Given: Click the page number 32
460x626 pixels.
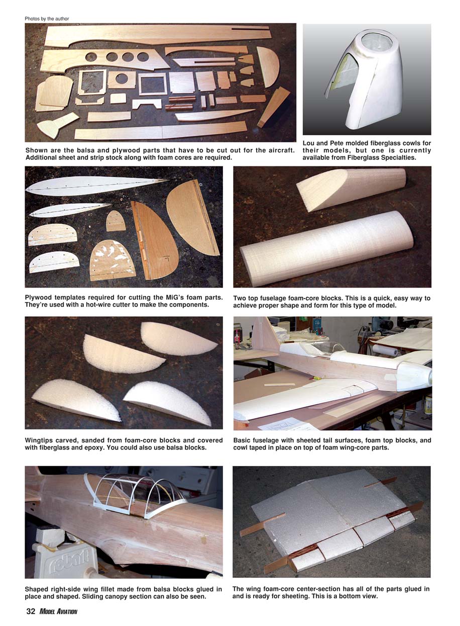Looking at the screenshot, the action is (x=31, y=611).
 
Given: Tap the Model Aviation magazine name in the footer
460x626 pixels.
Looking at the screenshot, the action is (x=58, y=611).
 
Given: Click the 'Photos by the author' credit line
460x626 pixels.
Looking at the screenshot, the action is (x=47, y=19).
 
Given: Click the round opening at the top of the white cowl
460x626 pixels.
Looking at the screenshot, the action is (x=376, y=41).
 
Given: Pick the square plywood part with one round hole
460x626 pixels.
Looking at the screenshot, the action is (x=122, y=79).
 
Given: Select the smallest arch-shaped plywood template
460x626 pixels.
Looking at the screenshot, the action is (x=116, y=221).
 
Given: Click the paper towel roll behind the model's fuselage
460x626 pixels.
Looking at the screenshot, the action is (x=385, y=350).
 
